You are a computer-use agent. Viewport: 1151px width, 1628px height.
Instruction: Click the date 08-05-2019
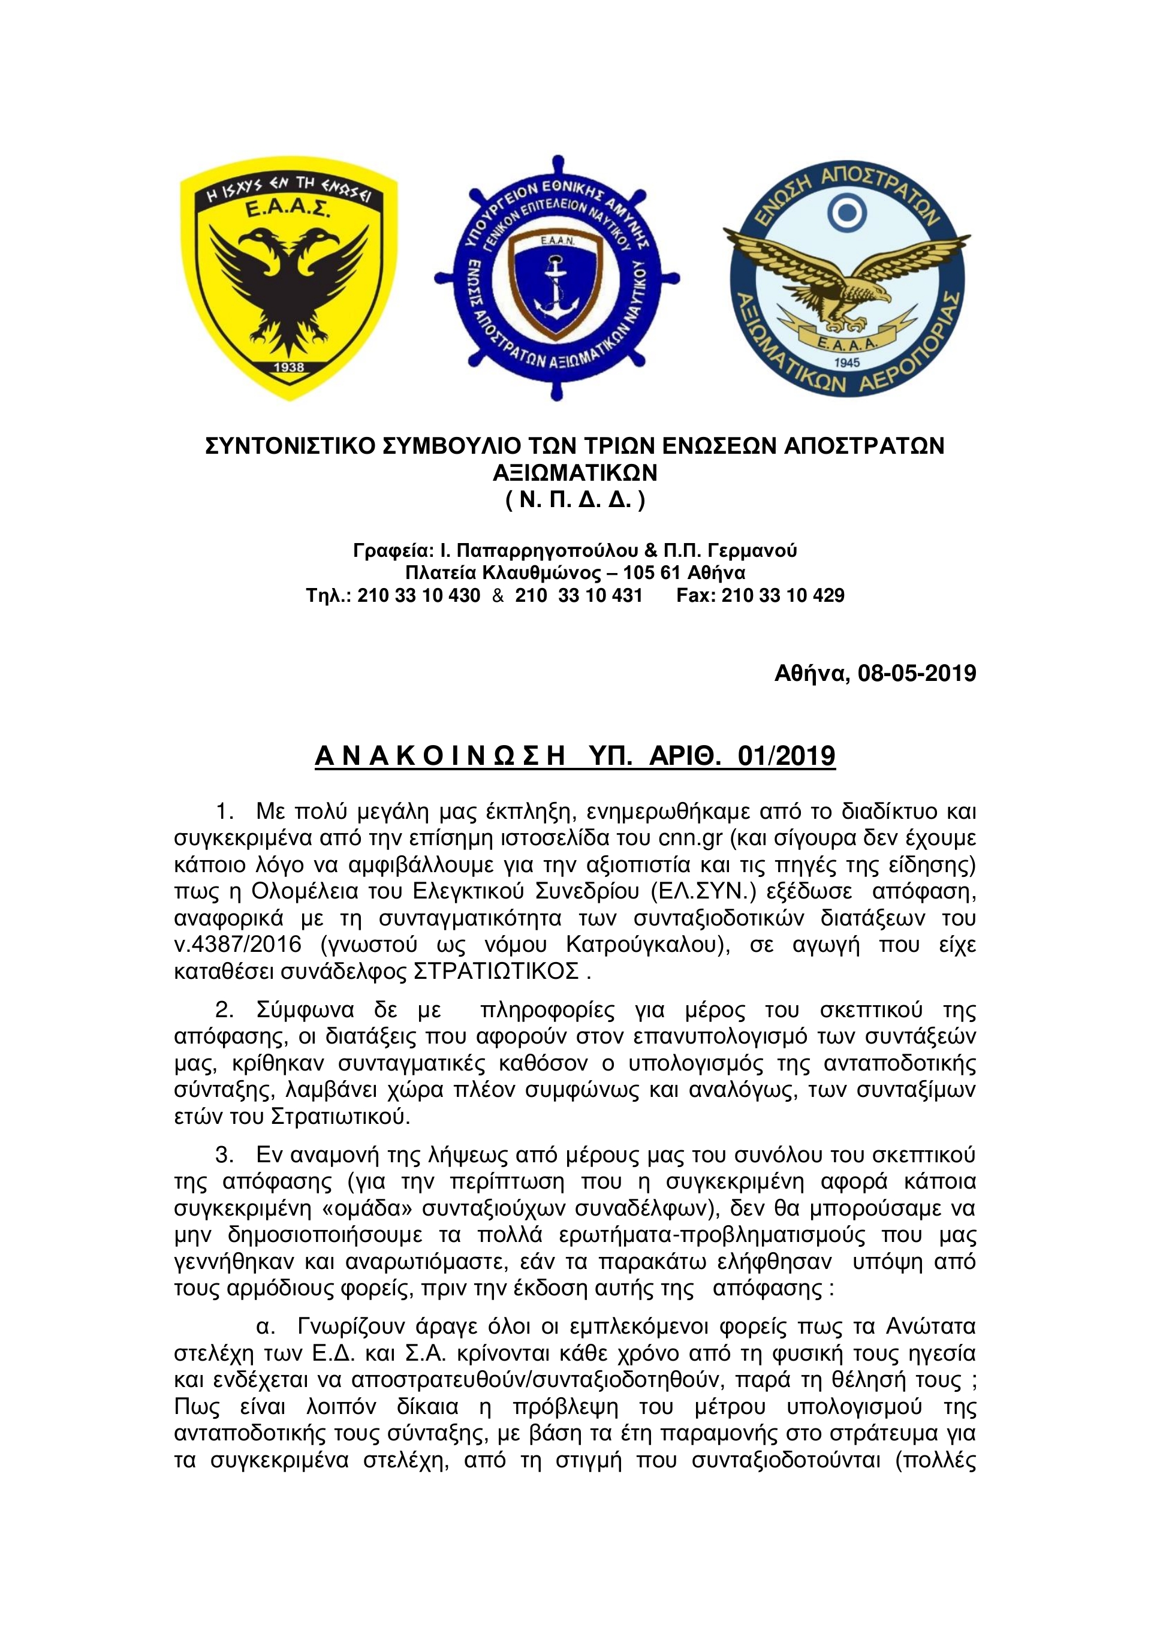tap(916, 673)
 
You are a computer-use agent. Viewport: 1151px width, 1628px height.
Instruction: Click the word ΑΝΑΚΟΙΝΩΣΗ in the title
tap(439, 756)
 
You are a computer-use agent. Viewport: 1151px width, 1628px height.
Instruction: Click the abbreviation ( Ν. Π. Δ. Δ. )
tap(575, 500)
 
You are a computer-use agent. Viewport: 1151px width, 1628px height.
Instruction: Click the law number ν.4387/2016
tap(237, 945)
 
